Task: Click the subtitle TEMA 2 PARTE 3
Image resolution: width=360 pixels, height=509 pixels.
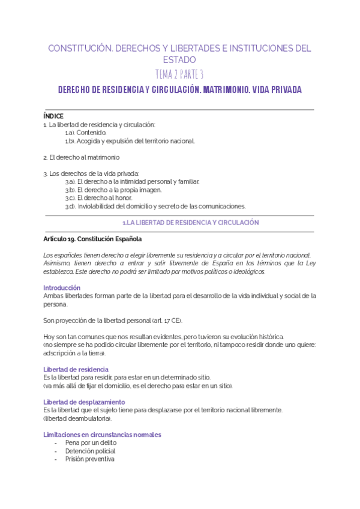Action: pos(179,74)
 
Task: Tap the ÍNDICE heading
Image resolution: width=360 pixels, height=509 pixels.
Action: pos(53,116)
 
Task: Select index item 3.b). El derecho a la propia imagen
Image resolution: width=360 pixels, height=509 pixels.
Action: pos(113,190)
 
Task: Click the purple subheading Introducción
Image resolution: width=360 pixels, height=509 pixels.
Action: pos(62,288)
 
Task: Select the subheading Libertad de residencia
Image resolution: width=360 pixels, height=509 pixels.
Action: pos(76,369)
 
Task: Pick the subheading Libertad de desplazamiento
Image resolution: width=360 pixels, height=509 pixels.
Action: pos(84,402)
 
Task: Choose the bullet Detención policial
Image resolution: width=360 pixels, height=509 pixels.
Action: pos(90,451)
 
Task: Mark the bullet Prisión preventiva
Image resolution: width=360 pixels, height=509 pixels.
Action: pos(89,459)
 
